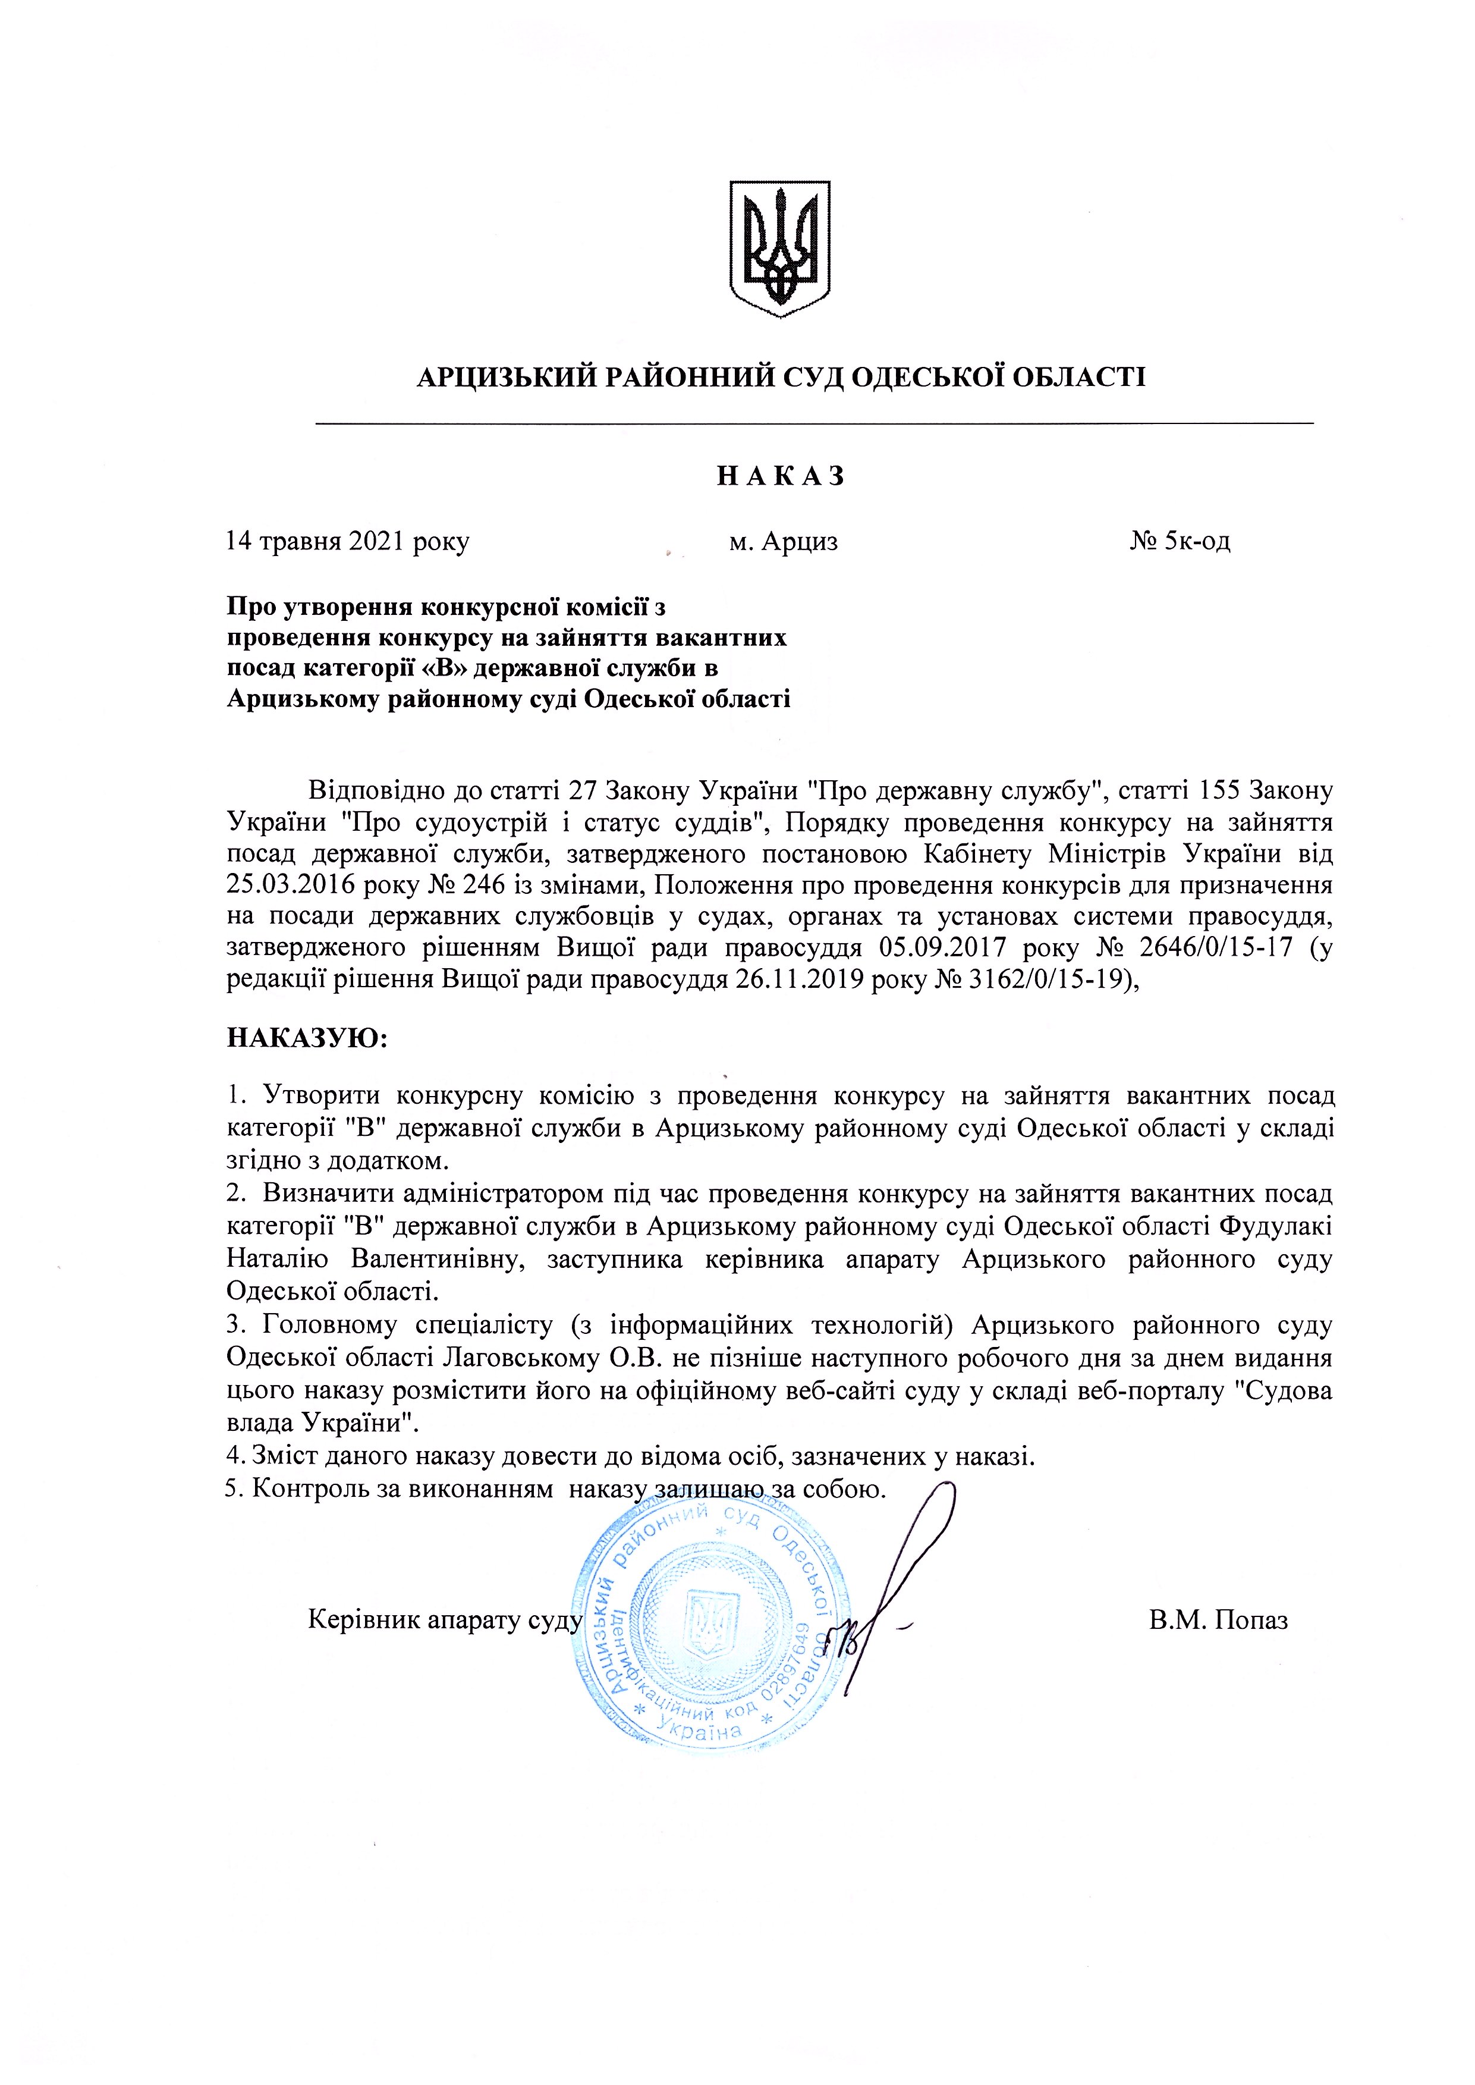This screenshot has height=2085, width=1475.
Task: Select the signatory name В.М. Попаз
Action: (x=1218, y=1621)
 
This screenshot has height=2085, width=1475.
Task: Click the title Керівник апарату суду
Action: (x=444, y=1621)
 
